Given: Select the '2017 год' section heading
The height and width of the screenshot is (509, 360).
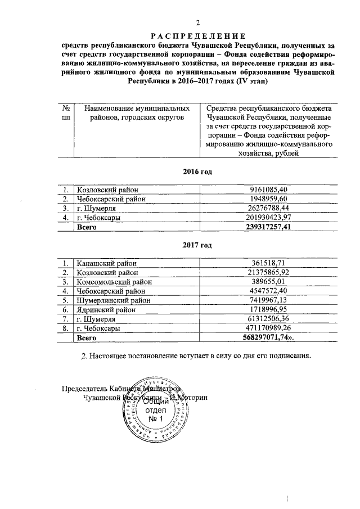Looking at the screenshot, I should tap(198, 245).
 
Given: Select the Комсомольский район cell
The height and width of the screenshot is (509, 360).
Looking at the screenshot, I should tap(115, 282).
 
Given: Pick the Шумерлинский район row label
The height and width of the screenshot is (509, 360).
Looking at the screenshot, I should tap(115, 300).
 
